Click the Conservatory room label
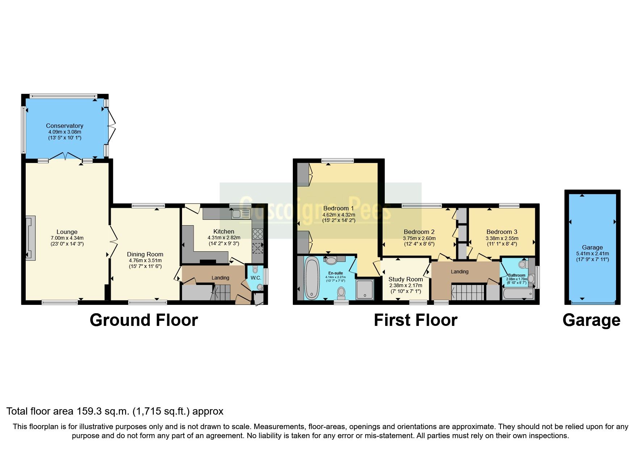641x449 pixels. point(64,126)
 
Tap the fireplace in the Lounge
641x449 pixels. point(30,238)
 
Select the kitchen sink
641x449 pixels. point(241,214)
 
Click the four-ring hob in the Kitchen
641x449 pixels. point(257,234)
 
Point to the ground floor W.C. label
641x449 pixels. point(256,278)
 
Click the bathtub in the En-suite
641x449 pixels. point(312,278)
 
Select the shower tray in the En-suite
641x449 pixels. point(364,289)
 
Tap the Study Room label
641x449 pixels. point(405,279)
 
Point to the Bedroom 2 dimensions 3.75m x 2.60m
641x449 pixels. point(419,238)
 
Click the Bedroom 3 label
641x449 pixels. point(502,232)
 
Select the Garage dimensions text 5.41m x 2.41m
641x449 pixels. point(592,253)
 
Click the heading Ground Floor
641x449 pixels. point(144,320)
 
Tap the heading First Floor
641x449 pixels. point(415,320)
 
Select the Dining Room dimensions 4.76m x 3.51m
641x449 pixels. point(145,260)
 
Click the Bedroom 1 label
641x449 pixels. point(338,208)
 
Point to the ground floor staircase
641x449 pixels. point(222,292)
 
